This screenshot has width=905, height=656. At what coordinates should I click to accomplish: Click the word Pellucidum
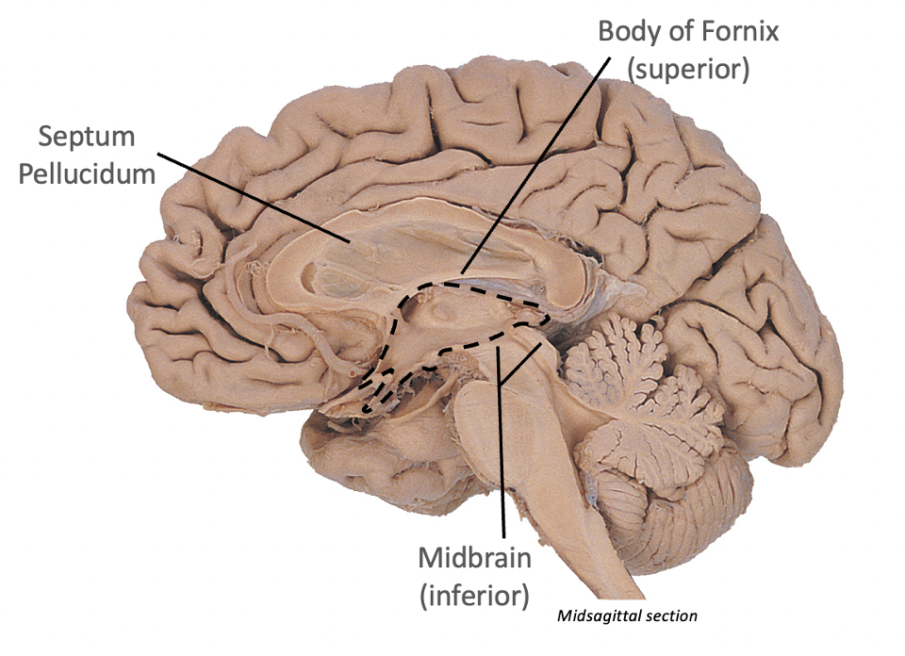coord(87,174)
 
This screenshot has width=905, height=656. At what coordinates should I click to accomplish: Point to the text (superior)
coord(688,68)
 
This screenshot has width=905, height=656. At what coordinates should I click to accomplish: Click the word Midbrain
coord(475,557)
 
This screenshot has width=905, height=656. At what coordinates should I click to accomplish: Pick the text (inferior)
coord(474,594)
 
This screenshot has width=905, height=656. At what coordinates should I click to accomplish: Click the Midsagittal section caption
coord(628,616)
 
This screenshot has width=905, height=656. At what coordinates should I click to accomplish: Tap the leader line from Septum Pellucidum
coord(255,197)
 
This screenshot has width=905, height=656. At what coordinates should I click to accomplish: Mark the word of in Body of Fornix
coord(675,32)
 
